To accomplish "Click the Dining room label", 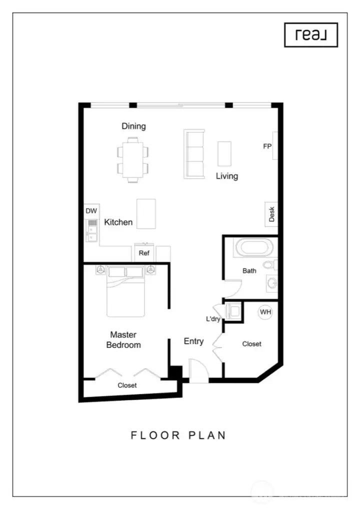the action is tap(133, 126).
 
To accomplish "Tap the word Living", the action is tap(227, 176).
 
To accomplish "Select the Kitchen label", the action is tap(118, 222).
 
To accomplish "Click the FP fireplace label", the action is tap(267, 146).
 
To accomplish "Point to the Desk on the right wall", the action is tap(271, 214).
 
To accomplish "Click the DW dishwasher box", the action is tap(92, 211).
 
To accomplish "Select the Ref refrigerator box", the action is tap(144, 252).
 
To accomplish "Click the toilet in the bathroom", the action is tap(270, 264).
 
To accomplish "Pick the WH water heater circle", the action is tap(265, 312).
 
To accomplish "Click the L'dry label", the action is tap(213, 319).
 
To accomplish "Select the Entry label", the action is tap(194, 341).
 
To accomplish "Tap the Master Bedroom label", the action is tap(123, 339).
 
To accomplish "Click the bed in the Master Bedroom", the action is tap(125, 291).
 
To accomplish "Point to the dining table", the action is tap(133, 159).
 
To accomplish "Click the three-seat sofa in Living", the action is tap(194, 154).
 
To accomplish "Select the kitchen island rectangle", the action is tap(146, 214).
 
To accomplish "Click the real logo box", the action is tap(311, 35).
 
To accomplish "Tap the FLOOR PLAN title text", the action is tap(178, 435).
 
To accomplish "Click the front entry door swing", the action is tap(198, 370).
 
